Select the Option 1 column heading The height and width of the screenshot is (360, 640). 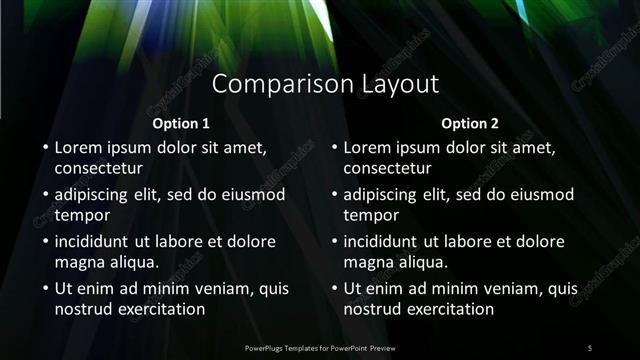181,124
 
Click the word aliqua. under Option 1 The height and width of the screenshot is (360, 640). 129,261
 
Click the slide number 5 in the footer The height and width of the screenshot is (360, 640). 590,347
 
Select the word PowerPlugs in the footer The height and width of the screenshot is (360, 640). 268,347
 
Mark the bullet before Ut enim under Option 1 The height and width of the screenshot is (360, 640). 45,289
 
